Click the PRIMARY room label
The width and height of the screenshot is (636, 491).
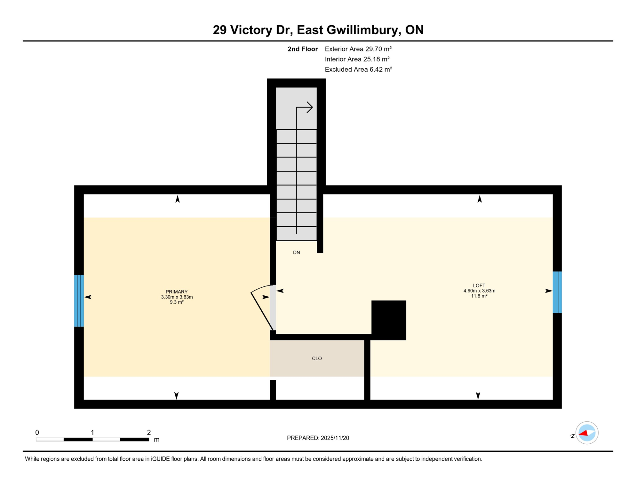click(x=177, y=292)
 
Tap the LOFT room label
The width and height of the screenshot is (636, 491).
click(x=479, y=285)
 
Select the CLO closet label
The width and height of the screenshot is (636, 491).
click(x=317, y=358)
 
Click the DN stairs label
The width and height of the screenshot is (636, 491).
click(x=296, y=253)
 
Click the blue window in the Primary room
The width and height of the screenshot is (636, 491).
click(x=79, y=300)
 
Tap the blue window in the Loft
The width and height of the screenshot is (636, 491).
click(x=557, y=292)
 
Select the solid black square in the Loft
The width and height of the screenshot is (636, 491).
click(x=388, y=320)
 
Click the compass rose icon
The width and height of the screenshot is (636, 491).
click(x=587, y=433)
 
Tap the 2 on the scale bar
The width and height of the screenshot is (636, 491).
click(x=149, y=433)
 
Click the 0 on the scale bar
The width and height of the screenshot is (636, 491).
click(x=37, y=433)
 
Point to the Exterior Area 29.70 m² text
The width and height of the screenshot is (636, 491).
click(x=358, y=49)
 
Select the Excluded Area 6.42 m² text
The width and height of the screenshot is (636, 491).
click(x=358, y=69)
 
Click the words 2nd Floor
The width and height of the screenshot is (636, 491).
click(x=302, y=49)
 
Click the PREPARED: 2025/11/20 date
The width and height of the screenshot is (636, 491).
click(x=318, y=438)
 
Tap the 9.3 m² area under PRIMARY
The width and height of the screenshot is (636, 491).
click(x=177, y=302)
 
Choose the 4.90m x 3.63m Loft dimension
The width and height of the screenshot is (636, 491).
click(x=479, y=291)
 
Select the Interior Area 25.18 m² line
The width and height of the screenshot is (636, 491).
click(x=357, y=59)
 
